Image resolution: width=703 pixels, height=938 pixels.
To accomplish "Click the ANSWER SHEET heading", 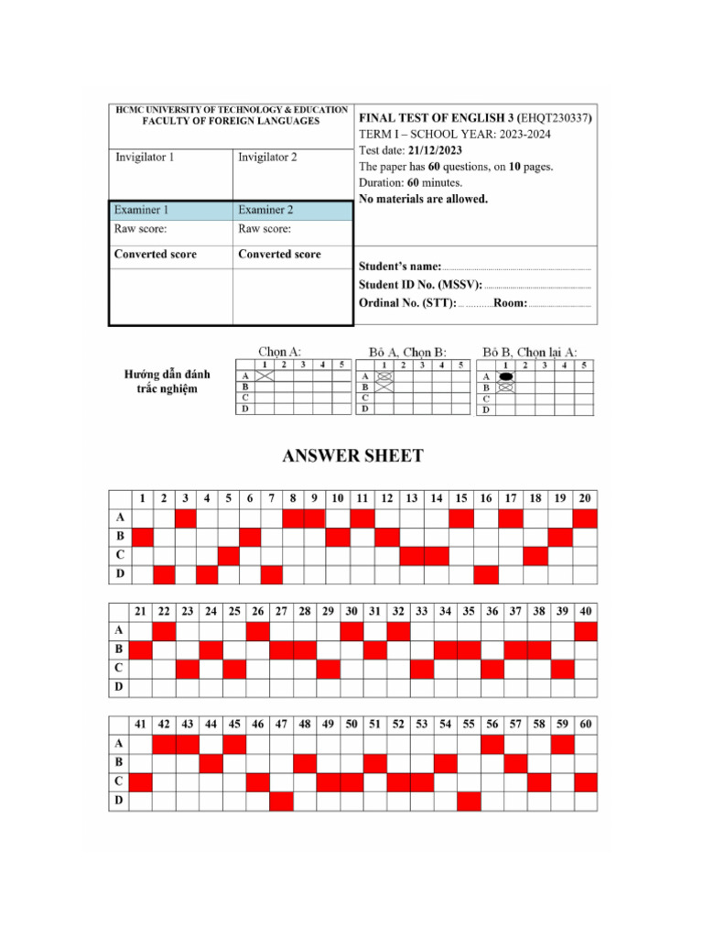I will [x=352, y=456].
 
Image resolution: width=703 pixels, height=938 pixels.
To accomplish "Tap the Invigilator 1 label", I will [x=145, y=158].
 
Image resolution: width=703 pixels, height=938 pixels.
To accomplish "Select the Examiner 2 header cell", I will [x=266, y=210].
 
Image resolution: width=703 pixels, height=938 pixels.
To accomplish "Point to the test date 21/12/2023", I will [x=436, y=150].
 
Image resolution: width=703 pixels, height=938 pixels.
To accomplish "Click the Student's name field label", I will [x=400, y=266].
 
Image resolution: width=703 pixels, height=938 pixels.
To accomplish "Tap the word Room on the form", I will [x=510, y=302].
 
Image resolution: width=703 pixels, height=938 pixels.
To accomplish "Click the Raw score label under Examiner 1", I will [x=140, y=228].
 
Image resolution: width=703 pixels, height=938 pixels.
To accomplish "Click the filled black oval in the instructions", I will [x=505, y=376].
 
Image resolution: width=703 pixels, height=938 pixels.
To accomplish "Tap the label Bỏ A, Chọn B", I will [x=407, y=351].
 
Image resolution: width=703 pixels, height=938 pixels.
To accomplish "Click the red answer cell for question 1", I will [x=142, y=537].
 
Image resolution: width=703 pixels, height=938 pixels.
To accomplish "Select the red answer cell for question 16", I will [x=486, y=574].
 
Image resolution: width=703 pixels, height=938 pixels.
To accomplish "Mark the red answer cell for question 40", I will [x=586, y=630].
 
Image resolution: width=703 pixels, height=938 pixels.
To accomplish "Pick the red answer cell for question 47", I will [x=281, y=801].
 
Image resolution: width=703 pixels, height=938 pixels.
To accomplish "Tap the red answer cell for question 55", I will [x=469, y=801].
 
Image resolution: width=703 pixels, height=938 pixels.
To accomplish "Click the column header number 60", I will [x=586, y=724].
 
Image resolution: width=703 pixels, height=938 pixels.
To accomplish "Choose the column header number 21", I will [x=141, y=611].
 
